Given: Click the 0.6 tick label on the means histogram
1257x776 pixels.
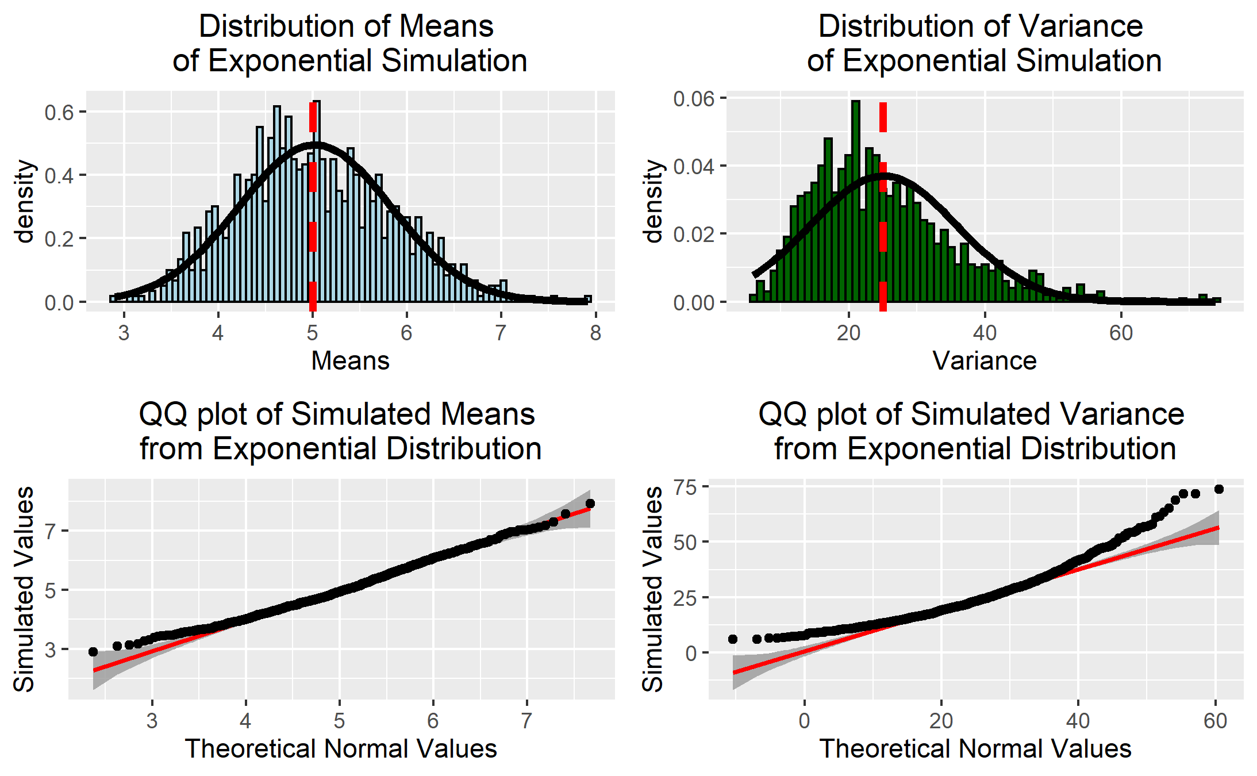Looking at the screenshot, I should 59,112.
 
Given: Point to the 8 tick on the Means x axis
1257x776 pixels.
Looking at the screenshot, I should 595,333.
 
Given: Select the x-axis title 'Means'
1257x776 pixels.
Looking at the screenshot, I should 350,361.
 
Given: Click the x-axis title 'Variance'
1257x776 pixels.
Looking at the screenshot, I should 984,361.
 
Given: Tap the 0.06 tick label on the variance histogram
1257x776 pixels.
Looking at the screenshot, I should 693,99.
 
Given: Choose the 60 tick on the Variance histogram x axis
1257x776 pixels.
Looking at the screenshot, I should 1121,333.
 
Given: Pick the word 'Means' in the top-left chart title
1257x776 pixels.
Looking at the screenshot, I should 446,26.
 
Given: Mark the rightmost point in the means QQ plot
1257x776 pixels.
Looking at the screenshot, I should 590,504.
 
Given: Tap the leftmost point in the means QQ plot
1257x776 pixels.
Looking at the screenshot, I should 93,652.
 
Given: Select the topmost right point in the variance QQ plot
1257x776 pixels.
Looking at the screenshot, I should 1218,489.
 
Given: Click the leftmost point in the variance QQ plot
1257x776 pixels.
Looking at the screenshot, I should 733,639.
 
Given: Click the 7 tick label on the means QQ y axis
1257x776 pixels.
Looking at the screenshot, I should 51,531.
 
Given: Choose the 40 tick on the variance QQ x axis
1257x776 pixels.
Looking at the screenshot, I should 1078,721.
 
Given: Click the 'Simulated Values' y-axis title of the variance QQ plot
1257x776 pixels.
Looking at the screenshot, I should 653,589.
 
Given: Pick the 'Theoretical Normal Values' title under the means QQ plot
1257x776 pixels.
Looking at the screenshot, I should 341,749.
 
